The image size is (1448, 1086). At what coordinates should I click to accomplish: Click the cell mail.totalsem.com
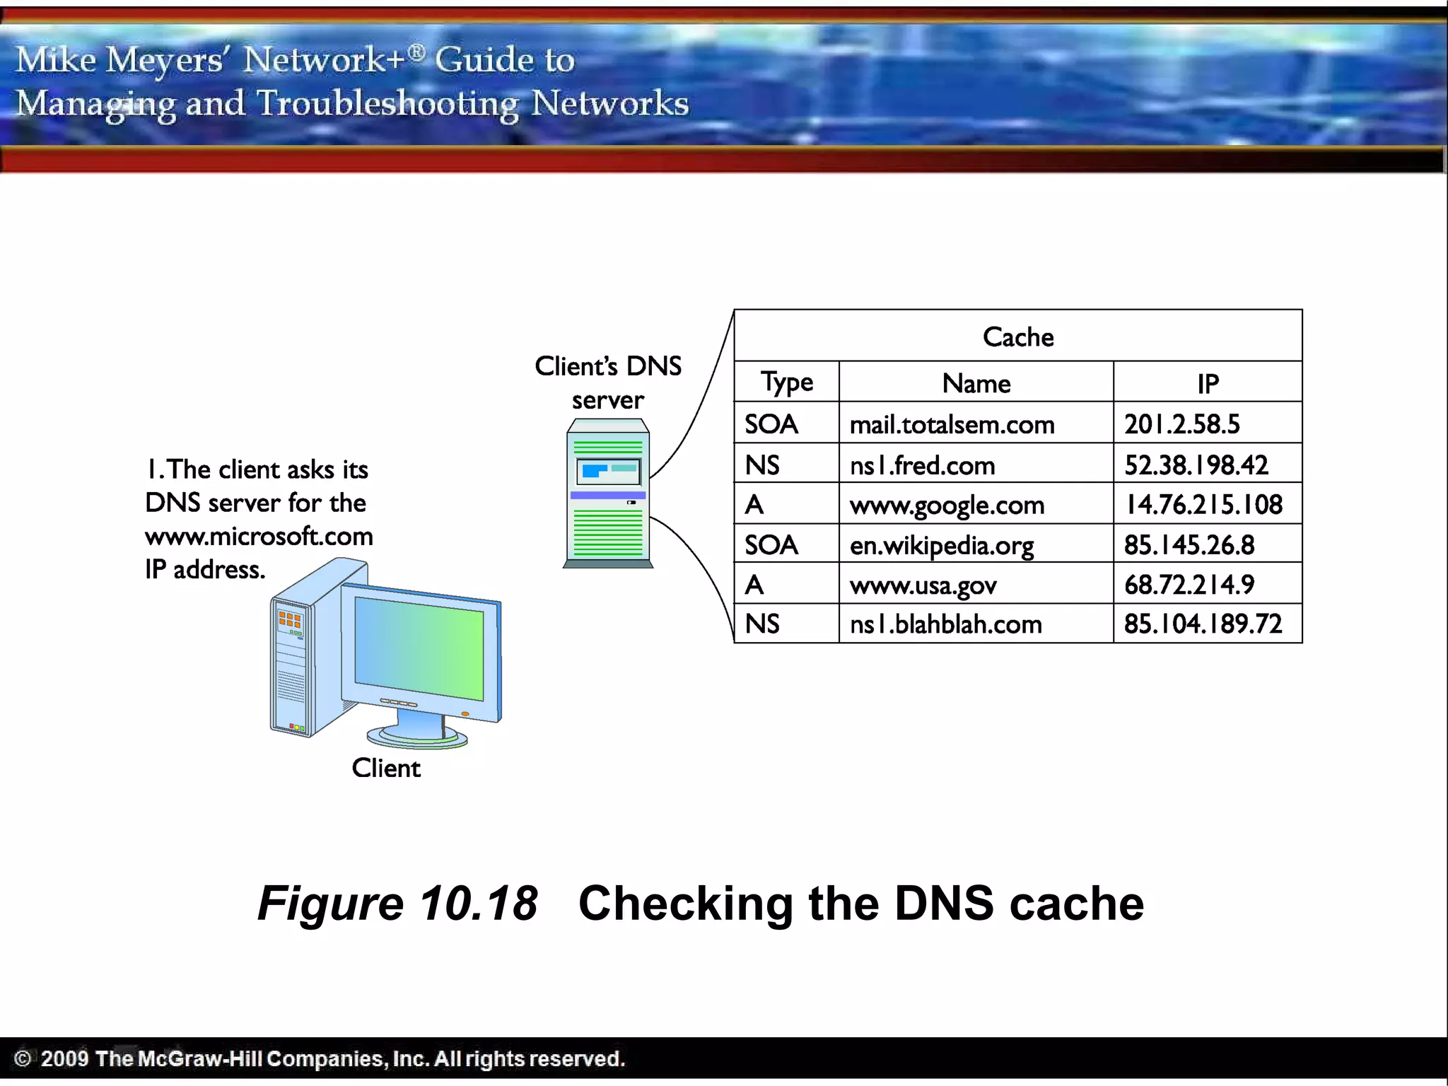(x=952, y=424)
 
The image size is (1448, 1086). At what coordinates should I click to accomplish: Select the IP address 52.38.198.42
(x=1196, y=465)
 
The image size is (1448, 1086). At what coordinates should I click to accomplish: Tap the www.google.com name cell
(x=947, y=505)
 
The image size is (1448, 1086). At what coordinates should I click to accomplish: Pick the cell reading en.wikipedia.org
(x=942, y=545)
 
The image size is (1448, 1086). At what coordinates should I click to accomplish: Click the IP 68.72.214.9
(x=1189, y=585)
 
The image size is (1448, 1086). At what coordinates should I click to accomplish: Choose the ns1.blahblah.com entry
(x=946, y=624)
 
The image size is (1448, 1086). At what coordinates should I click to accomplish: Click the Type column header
(x=787, y=383)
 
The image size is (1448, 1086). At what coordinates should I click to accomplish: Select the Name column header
(x=976, y=383)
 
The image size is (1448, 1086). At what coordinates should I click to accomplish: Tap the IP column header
(x=1208, y=383)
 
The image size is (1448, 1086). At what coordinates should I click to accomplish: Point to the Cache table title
(x=1018, y=337)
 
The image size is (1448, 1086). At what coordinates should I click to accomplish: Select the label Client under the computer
(x=386, y=768)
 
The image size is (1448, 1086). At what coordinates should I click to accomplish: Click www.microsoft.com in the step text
(x=259, y=536)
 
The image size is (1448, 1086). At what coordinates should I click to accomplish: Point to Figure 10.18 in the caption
(x=397, y=903)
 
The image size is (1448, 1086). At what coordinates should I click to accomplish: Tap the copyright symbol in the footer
(x=23, y=1058)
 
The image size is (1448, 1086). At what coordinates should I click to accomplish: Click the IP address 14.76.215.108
(x=1203, y=504)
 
